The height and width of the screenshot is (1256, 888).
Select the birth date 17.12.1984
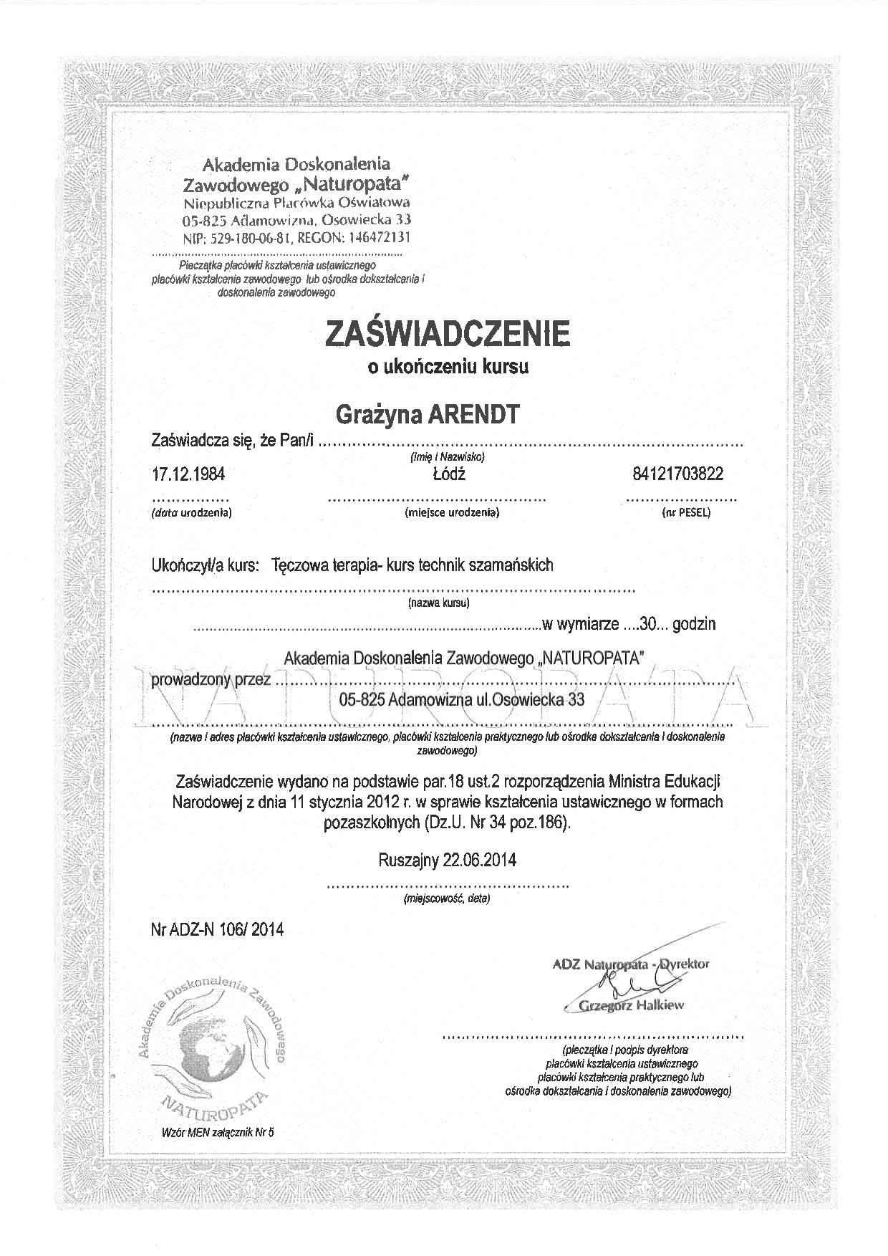coord(183,474)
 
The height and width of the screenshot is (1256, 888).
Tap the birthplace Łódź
coord(448,474)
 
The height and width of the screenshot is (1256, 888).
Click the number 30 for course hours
coord(648,624)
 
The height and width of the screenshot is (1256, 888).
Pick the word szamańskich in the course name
coord(511,565)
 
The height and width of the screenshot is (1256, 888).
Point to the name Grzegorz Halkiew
coord(631,1005)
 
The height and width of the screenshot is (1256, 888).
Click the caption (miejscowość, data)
coord(447,898)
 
